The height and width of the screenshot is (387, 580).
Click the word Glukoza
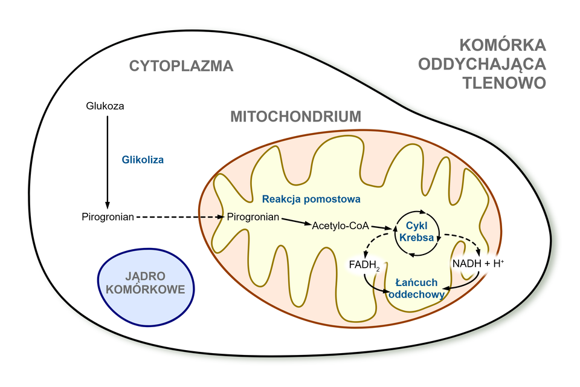tap(106, 106)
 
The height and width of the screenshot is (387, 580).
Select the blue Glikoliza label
tap(143, 160)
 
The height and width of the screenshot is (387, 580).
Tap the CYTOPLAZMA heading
tap(181, 66)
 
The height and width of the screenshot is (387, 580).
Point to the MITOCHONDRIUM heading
tap(295, 116)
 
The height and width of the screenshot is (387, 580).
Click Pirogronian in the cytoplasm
tap(108, 216)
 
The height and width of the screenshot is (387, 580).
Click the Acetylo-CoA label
tap(340, 226)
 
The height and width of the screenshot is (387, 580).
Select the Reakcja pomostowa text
tap(311, 198)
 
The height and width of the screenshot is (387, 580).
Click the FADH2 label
tap(364, 264)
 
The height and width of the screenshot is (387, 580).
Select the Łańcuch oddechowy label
tap(417, 288)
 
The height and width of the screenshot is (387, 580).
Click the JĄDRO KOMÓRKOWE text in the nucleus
tap(145, 284)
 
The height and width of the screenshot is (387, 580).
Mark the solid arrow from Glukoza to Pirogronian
tap(108, 160)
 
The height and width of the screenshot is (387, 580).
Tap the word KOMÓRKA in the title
tap(503, 45)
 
